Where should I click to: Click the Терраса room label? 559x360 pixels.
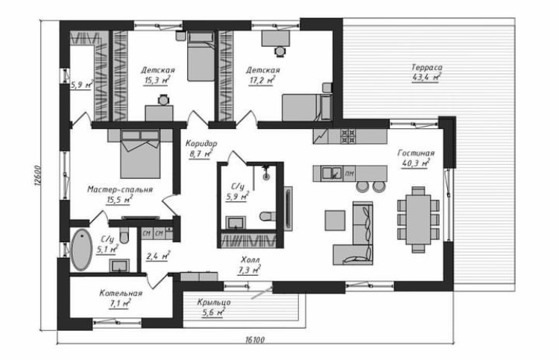click(x=427, y=67)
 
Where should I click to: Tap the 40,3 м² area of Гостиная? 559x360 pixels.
click(x=415, y=163)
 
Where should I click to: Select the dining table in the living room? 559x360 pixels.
click(x=418, y=220)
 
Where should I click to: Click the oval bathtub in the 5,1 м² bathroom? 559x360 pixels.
click(x=82, y=250)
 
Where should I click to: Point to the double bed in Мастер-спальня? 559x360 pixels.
click(x=140, y=154)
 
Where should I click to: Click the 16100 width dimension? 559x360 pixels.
click(x=255, y=340)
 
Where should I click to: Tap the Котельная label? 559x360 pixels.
click(x=121, y=294)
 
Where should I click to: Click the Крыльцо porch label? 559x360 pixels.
click(x=214, y=303)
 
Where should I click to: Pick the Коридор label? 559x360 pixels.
click(x=201, y=144)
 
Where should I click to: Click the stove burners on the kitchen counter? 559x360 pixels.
click(x=348, y=136)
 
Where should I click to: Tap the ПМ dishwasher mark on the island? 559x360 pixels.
click(x=350, y=174)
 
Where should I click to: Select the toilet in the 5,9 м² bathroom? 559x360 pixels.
click(x=268, y=216)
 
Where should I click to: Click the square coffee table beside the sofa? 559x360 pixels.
click(x=335, y=221)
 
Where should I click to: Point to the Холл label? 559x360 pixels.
click(x=250, y=259)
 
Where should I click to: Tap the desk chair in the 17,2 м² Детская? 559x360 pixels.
click(x=280, y=51)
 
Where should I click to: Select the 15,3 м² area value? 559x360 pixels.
click(x=157, y=80)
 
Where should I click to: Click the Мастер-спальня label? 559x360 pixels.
click(x=120, y=189)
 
